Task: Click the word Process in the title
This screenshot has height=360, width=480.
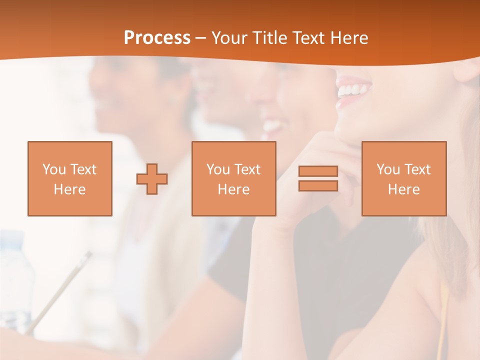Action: pyautogui.click(x=157, y=38)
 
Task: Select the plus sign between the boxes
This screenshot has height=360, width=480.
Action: pyautogui.click(x=152, y=179)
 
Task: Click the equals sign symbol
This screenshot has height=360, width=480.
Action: pyautogui.click(x=318, y=178)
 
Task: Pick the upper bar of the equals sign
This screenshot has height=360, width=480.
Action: pyautogui.click(x=318, y=171)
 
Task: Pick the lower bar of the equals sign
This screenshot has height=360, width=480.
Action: pyautogui.click(x=318, y=185)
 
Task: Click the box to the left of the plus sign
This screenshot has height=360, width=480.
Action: pyautogui.click(x=70, y=178)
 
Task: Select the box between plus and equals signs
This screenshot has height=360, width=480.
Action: pyautogui.click(x=233, y=178)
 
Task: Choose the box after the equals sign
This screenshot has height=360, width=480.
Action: pyautogui.click(x=403, y=178)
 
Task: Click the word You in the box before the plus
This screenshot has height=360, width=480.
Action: pyautogui.click(x=53, y=169)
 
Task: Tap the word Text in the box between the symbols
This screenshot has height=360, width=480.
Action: pyautogui.click(x=247, y=169)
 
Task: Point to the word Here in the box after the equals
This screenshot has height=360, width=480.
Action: pyautogui.click(x=403, y=189)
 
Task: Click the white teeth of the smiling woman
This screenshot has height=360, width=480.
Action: pyautogui.click(x=354, y=90)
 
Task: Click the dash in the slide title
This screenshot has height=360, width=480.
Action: pyautogui.click(x=200, y=38)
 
